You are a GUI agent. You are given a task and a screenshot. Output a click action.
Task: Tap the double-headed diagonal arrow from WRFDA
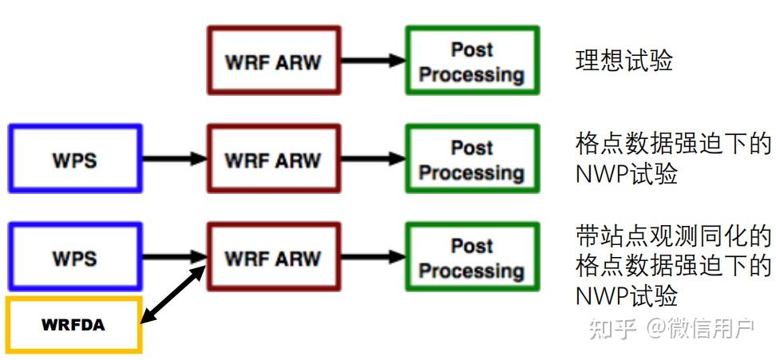click(172, 295)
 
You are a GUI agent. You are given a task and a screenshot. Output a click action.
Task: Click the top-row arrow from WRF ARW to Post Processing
click(374, 61)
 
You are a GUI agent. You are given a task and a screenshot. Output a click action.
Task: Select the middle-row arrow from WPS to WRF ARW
click(175, 158)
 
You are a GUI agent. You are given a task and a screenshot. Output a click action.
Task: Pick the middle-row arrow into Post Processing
click(374, 158)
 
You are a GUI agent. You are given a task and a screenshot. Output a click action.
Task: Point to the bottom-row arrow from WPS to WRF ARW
click(175, 256)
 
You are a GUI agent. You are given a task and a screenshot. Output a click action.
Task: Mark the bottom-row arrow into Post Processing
click(374, 256)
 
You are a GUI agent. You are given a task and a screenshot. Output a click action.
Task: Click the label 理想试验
click(624, 61)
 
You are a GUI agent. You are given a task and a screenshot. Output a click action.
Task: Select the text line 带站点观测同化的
click(673, 237)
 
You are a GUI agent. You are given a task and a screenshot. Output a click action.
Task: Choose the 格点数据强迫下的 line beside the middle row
click(673, 145)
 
